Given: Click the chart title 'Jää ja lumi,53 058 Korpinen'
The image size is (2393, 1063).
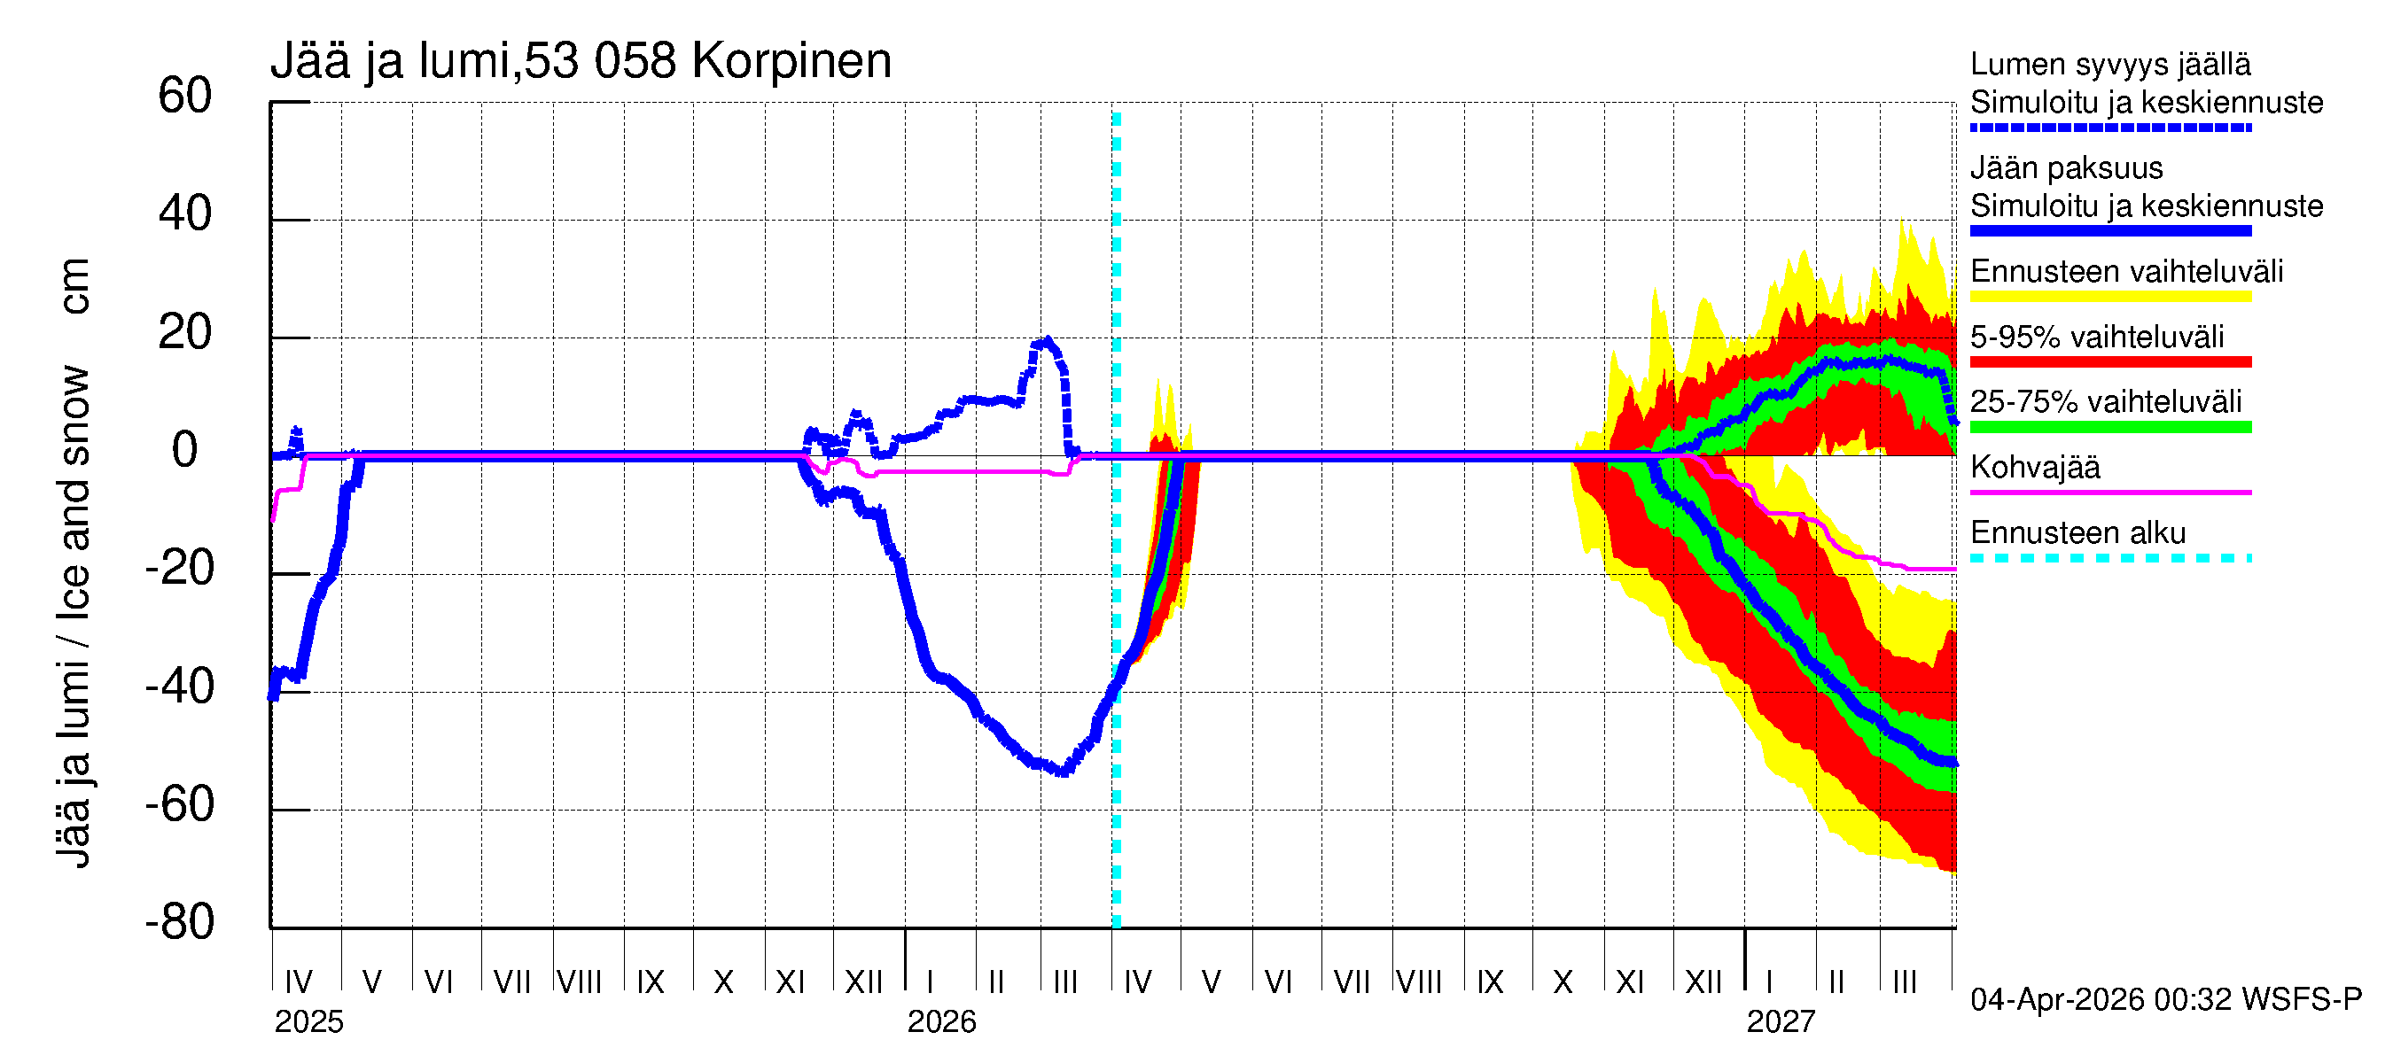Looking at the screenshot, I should point(581,61).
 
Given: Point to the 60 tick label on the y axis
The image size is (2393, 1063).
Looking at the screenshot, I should point(185,97).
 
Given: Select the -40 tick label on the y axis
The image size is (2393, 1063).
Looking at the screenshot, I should point(180,687).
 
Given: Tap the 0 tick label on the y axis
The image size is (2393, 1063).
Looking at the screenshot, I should point(185,450).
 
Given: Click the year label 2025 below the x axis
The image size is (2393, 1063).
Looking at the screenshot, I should point(308,1022).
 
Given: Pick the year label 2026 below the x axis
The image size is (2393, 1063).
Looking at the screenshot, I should point(941,1022).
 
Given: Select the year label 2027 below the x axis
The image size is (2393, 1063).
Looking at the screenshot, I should point(1780,1022).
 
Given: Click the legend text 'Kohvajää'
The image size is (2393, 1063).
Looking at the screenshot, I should point(2034,467).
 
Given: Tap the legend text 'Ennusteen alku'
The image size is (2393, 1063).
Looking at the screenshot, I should point(2077,533).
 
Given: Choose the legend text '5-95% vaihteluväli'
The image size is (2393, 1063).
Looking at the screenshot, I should point(2097,337).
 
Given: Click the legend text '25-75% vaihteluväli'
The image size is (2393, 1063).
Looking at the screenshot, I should point(2105,402).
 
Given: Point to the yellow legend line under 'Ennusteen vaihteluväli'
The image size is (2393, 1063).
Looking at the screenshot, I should point(2109,297).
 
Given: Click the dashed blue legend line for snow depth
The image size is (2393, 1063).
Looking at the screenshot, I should point(2109,128).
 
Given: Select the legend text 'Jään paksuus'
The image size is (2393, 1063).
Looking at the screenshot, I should point(2066,168).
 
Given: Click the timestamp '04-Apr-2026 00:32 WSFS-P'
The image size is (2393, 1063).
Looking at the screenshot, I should point(2165,1000).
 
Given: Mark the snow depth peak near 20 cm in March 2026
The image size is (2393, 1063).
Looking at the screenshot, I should point(1047,341).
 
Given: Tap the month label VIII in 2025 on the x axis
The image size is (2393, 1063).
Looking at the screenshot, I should point(580,982).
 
